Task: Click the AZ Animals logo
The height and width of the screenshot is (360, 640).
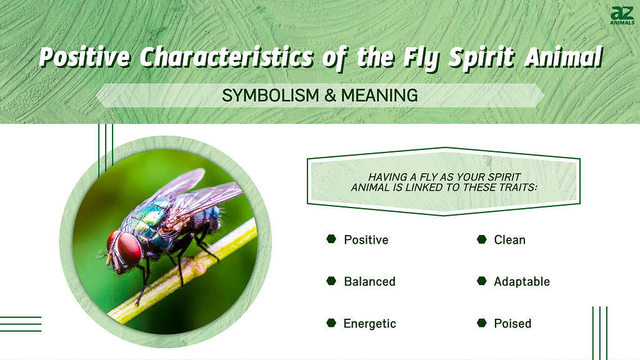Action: [622, 16]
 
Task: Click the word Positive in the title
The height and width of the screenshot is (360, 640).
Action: [85, 57]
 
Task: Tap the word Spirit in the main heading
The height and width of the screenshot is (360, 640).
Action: [482, 57]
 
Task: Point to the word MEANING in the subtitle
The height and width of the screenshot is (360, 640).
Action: [379, 96]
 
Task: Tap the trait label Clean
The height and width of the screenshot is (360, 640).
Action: [509, 239]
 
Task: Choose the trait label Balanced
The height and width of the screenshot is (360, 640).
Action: [369, 281]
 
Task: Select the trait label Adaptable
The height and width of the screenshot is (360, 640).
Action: [522, 281]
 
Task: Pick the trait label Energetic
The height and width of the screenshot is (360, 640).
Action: [369, 323]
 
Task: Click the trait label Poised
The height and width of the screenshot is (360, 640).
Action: [512, 323]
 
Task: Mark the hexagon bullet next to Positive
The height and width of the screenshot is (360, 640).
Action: [331, 239]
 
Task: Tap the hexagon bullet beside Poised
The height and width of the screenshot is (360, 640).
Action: [482, 323]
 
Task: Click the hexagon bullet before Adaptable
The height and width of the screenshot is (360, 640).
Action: [482, 281]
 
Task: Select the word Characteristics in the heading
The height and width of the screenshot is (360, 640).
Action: [227, 57]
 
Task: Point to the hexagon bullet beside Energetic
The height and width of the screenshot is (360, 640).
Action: [331, 323]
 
